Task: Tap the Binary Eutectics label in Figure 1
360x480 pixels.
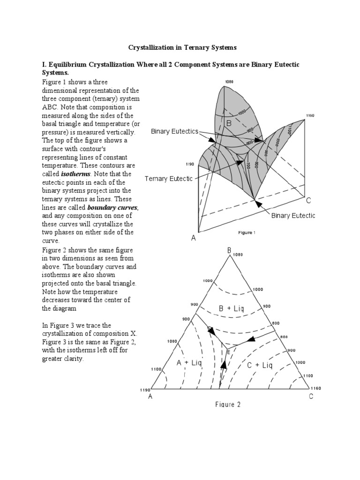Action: [x=174, y=132]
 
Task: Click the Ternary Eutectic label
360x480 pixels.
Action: [x=168, y=179]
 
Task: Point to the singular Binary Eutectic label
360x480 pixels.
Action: [x=293, y=215]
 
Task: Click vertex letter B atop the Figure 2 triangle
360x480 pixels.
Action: [x=230, y=251]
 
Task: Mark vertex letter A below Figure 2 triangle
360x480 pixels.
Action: [x=150, y=397]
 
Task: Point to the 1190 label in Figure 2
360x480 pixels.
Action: [x=145, y=390]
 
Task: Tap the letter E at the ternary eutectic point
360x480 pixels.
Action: [x=229, y=352]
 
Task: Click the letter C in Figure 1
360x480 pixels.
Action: [x=308, y=201]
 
